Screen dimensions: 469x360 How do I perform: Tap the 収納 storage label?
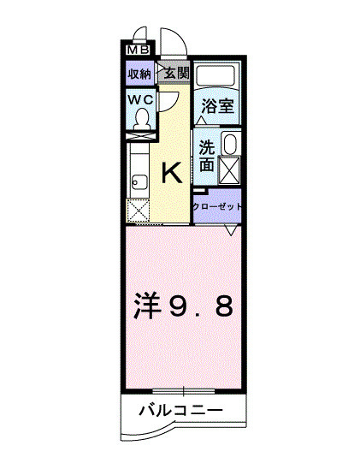point(140,74)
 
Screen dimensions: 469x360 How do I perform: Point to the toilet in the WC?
point(143,117)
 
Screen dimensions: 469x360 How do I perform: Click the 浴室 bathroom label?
point(217,107)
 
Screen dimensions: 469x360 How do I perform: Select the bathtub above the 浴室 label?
point(217,75)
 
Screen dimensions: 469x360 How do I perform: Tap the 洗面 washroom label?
point(207,155)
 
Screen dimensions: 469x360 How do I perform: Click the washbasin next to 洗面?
point(230,143)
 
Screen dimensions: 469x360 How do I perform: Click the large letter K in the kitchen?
point(171,174)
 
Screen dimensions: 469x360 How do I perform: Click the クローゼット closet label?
point(217,207)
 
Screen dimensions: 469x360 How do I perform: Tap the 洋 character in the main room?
point(148,306)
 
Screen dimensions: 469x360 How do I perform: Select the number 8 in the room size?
point(223,306)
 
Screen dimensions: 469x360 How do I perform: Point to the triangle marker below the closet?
point(231,230)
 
